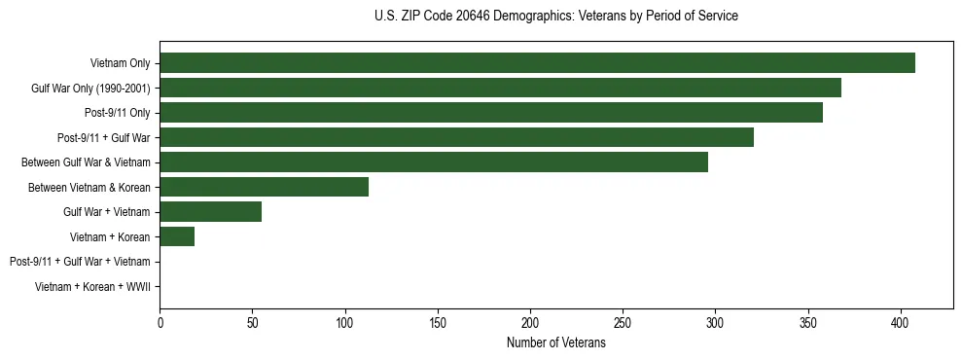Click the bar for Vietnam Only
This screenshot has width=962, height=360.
(x=537, y=63)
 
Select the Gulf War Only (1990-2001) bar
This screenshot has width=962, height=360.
(x=500, y=88)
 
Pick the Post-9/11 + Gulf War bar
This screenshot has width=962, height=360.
(x=456, y=137)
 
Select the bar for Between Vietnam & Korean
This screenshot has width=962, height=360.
(x=264, y=187)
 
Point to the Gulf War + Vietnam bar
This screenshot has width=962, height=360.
(x=210, y=211)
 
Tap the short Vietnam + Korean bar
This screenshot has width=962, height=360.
(x=177, y=236)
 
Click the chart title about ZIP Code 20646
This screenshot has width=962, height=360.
(x=555, y=17)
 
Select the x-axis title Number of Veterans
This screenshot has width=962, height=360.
(x=555, y=343)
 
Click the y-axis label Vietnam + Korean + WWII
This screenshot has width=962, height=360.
(x=92, y=286)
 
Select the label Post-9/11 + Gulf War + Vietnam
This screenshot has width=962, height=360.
(x=80, y=261)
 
